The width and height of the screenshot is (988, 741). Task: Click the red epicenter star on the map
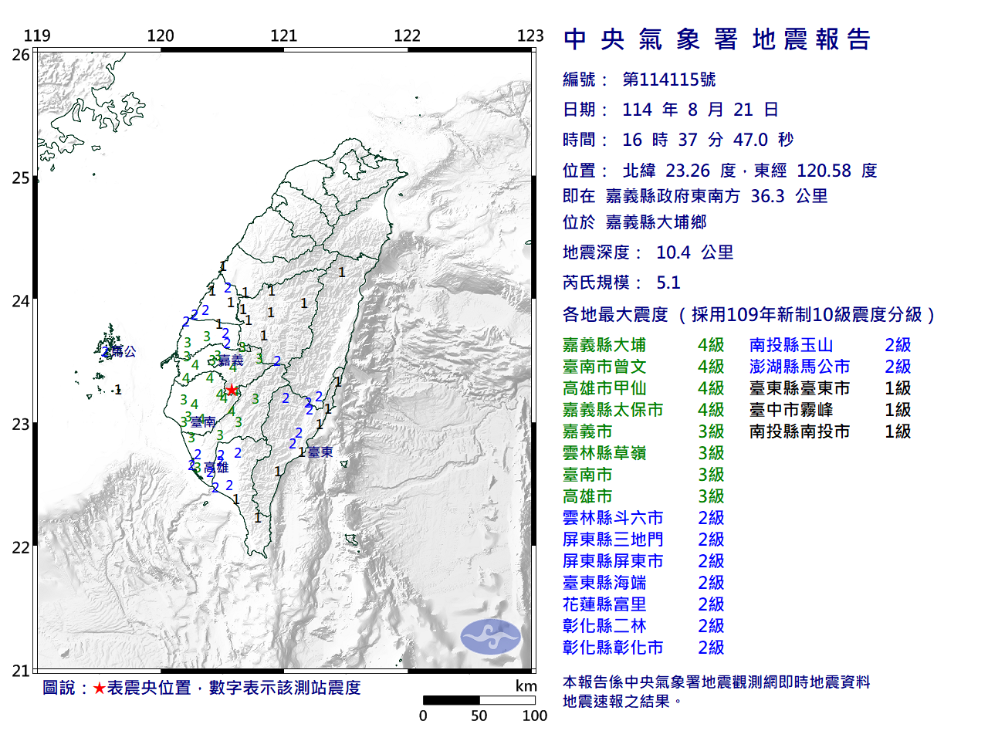coord(232,390)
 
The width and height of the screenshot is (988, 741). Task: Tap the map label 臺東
coord(320,452)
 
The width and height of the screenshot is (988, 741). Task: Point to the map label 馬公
coord(123,351)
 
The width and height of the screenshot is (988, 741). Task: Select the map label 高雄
coord(217,467)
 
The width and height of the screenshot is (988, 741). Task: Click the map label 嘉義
coord(231,360)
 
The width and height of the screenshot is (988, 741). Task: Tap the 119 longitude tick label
coord(37,36)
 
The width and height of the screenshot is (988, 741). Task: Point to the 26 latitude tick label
coord(21,55)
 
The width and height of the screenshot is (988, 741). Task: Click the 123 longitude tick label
coord(530,36)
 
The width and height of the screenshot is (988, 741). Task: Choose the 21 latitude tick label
coord(21,671)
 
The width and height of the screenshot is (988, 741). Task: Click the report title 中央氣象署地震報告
coord(717,39)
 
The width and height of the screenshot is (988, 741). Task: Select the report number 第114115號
coord(668,80)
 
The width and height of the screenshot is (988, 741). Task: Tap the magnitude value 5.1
coord(668,283)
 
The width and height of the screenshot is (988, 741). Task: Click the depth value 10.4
coord(673,252)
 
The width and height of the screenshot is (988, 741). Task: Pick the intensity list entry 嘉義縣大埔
coord(604,345)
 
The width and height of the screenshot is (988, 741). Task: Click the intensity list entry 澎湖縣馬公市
coord(800,367)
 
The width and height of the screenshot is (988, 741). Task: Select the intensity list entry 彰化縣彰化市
coord(613,648)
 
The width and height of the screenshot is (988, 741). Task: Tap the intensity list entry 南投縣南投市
coord(800,431)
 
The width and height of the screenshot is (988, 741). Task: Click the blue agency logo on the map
coord(491,637)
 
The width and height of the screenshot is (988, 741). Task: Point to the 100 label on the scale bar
coord(534,716)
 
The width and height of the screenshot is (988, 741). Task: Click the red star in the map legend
coord(99,688)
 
